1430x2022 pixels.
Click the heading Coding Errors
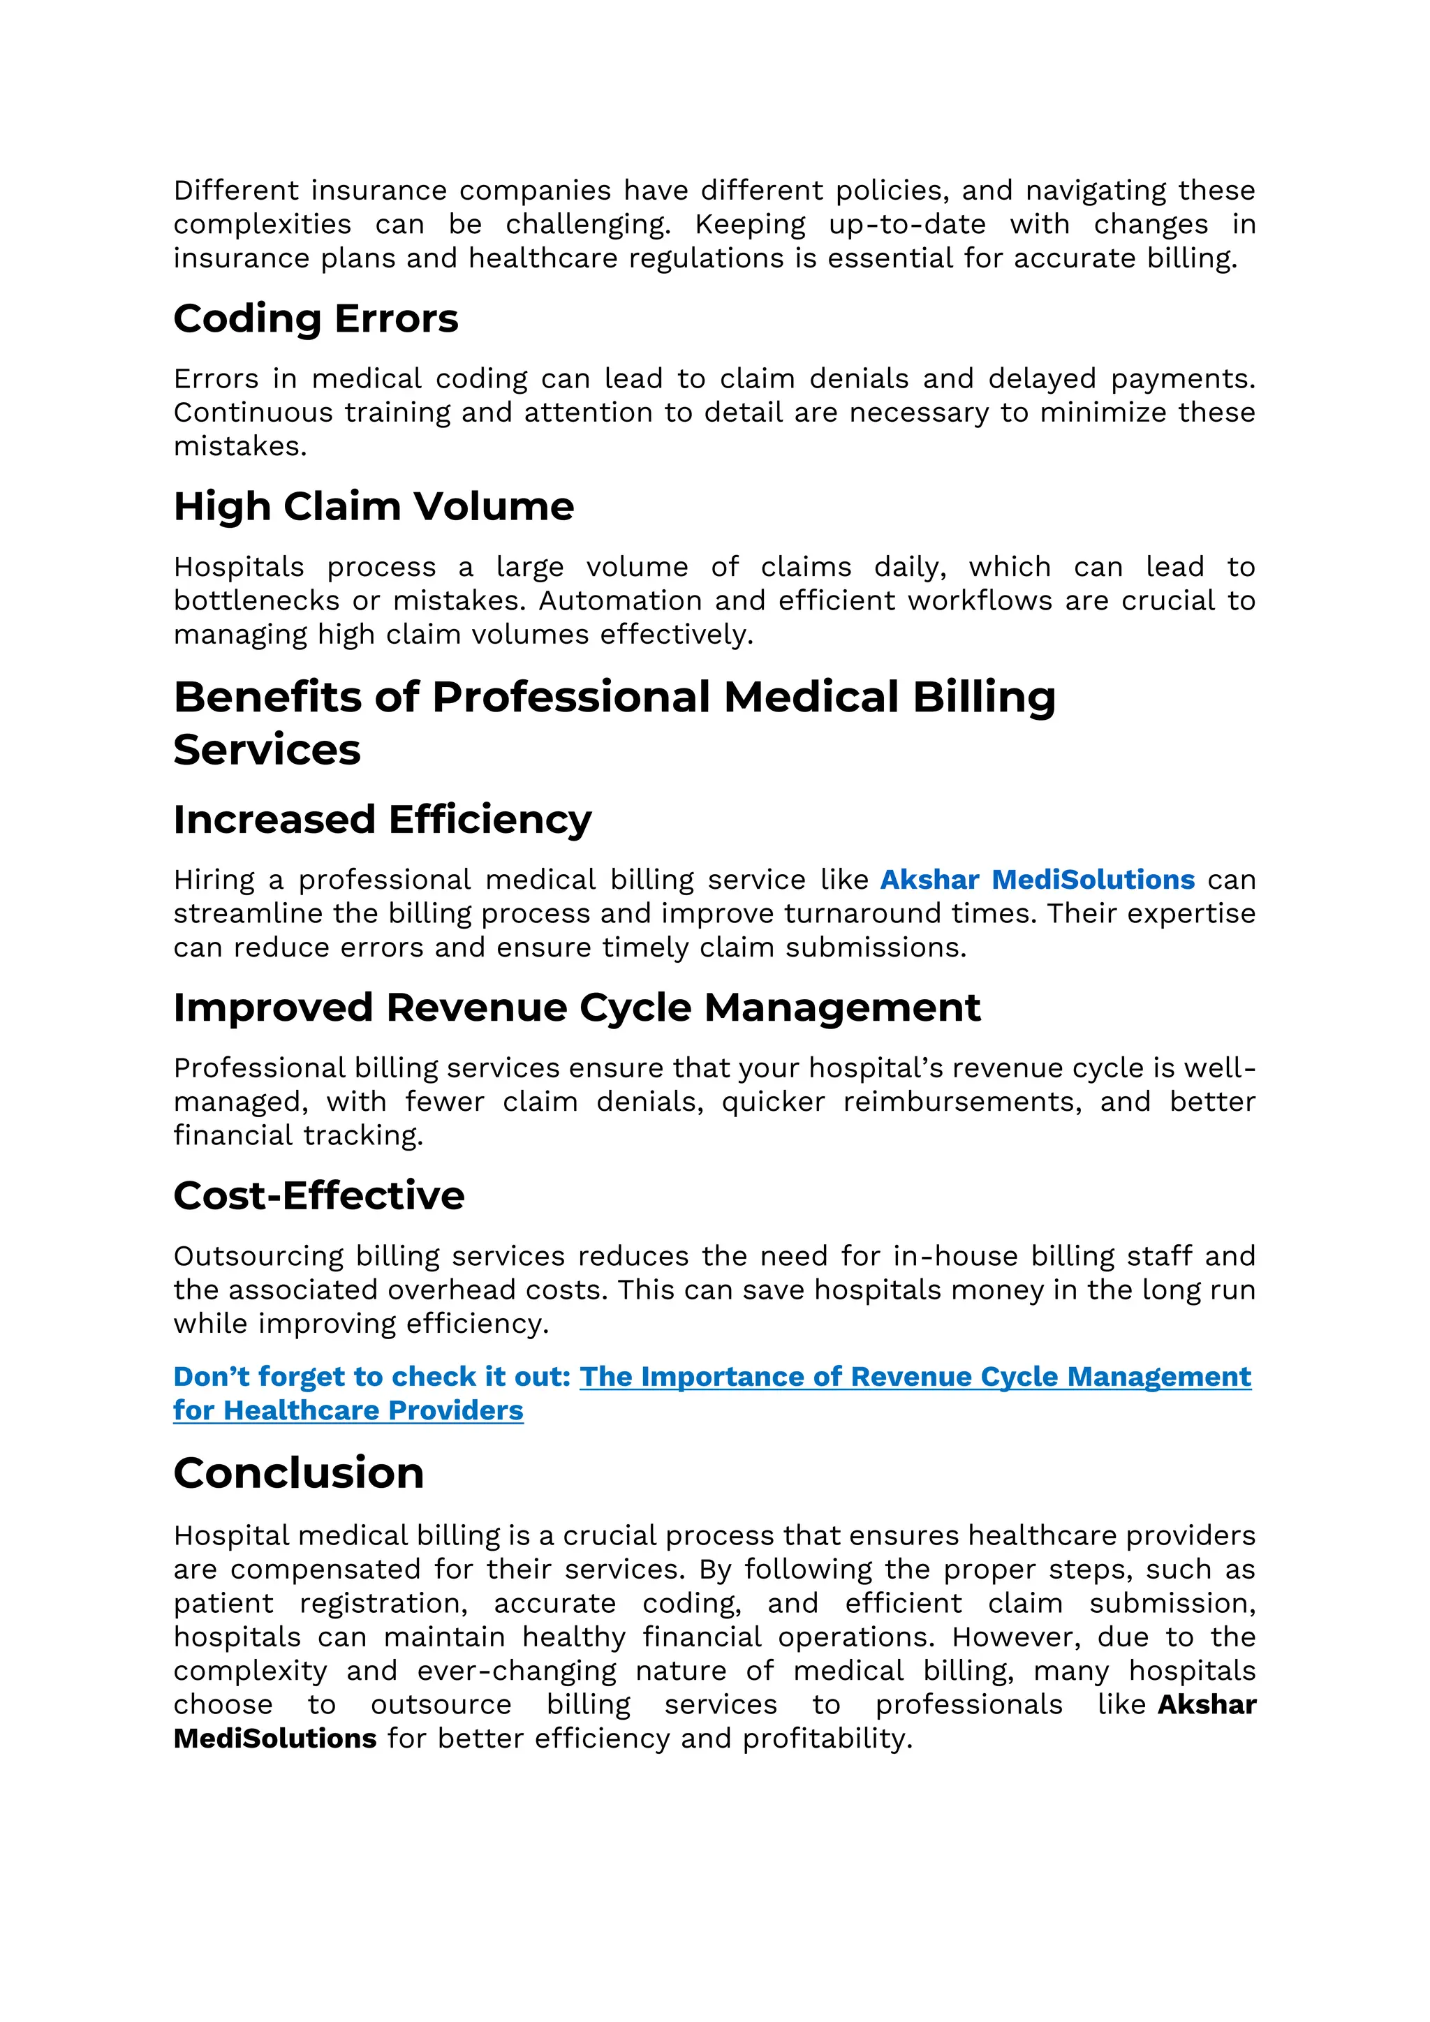(315, 319)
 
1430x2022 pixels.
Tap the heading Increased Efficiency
(382, 820)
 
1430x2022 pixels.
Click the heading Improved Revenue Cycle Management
(577, 1008)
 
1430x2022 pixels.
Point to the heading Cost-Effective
(319, 1196)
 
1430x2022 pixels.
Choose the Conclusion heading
(299, 1473)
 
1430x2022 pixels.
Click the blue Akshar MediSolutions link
(1038, 880)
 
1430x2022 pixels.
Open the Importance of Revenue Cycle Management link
(915, 1376)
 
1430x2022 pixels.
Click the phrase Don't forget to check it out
(371, 1376)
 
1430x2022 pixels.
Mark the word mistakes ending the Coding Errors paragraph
(239, 446)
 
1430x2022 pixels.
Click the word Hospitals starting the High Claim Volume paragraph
(239, 567)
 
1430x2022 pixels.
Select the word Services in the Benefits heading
(267, 751)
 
